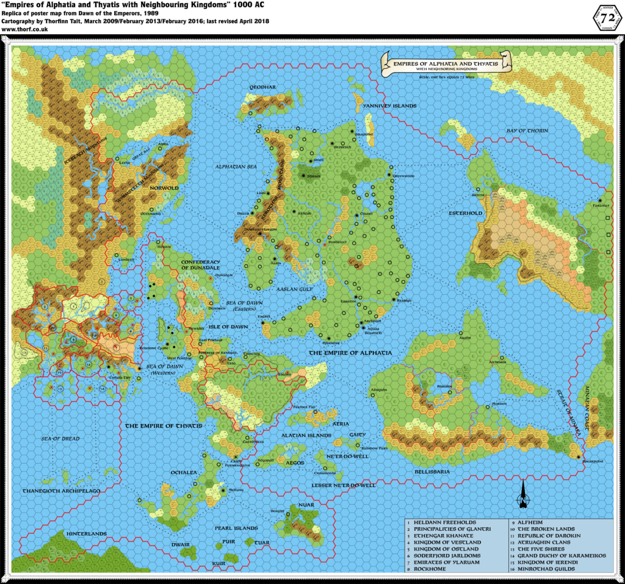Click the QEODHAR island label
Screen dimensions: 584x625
tap(262, 87)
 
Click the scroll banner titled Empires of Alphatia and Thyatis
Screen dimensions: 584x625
tap(446, 65)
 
